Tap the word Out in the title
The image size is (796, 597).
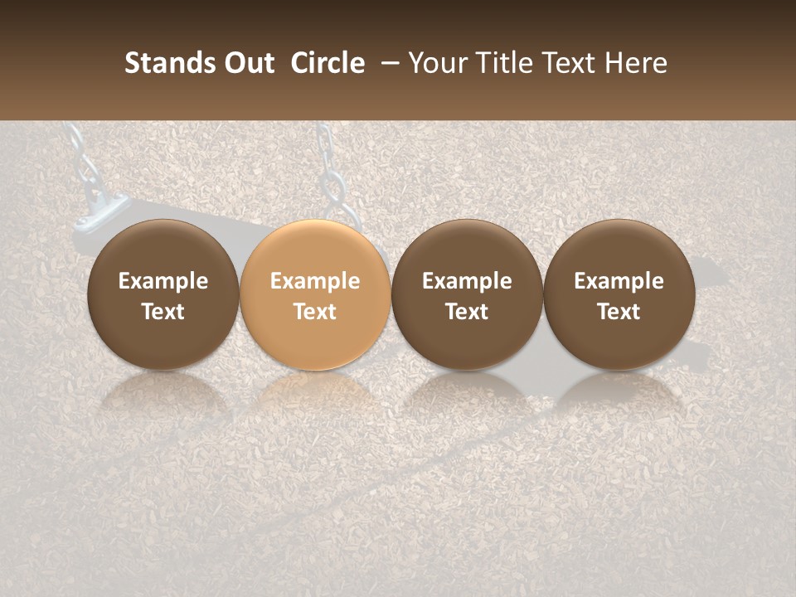tap(248, 63)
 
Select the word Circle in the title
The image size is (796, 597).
tap(328, 63)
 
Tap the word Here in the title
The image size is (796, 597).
tap(635, 63)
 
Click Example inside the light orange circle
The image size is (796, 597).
tap(315, 281)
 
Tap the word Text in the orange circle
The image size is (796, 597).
tap(315, 312)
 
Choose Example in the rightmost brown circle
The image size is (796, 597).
tap(619, 281)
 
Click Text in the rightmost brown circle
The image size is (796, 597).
tap(619, 312)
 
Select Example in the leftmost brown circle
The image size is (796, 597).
tap(163, 281)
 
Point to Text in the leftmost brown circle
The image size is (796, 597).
tap(163, 312)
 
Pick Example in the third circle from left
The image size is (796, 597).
tap(467, 281)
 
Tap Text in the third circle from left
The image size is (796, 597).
tap(467, 312)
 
